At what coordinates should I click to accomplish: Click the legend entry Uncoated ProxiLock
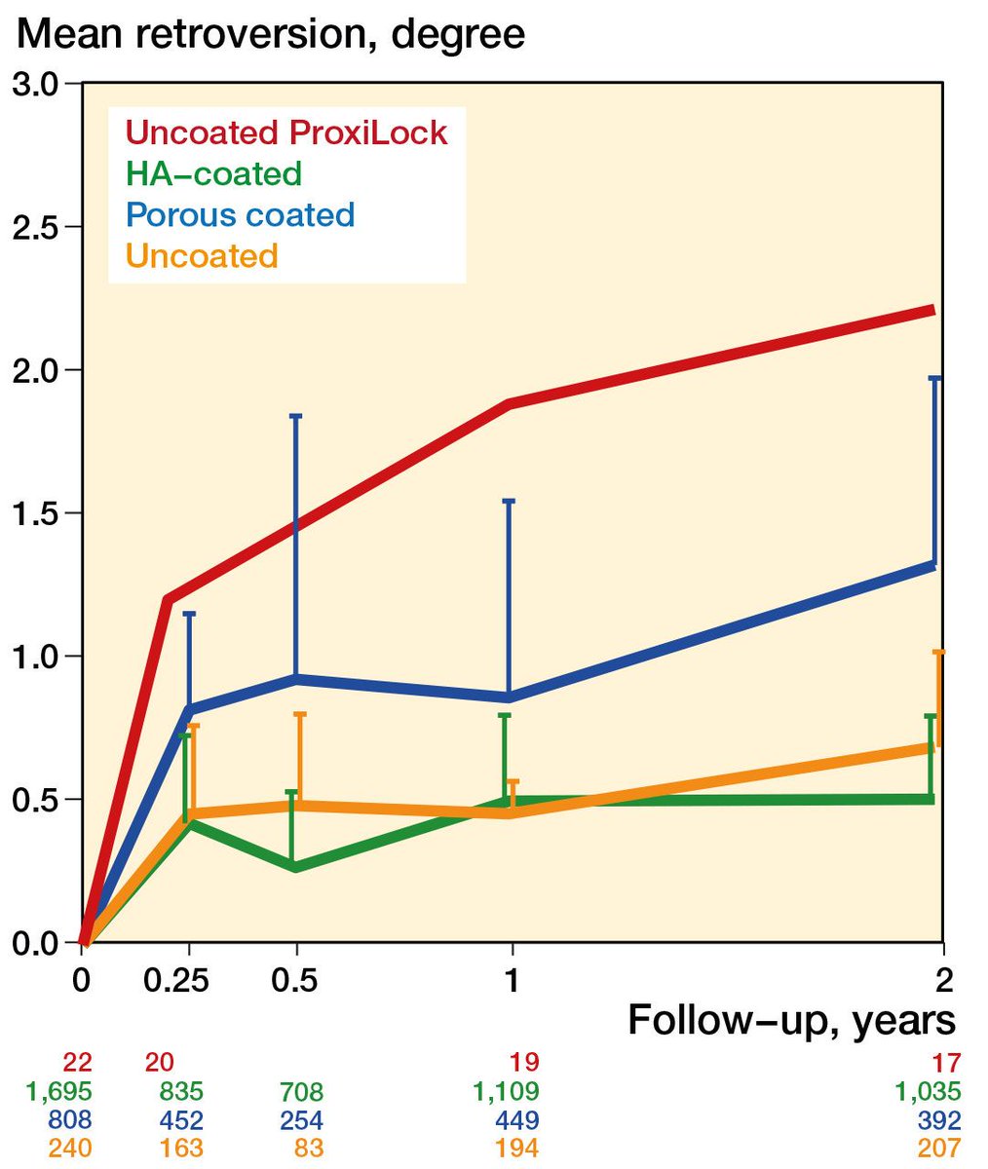coord(286,132)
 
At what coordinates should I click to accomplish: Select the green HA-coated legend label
coord(213,173)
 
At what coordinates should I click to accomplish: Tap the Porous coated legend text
coord(240,214)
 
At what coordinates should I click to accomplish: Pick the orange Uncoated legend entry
coord(202,255)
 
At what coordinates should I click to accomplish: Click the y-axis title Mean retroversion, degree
coord(272,35)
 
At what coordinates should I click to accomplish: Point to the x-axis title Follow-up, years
coord(791,1020)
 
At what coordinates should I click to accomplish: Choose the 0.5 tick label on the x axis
coord(295,979)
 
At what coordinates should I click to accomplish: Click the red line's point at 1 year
coord(510,403)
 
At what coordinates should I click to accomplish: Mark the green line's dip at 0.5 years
coord(295,867)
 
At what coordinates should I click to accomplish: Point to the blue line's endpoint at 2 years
coord(933,565)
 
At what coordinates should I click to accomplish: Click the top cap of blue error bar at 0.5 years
coord(295,416)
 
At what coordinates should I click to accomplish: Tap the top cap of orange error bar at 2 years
coord(938,652)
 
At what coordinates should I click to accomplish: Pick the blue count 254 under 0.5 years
coord(301,1120)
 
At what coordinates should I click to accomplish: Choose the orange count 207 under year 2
coord(937,1149)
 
